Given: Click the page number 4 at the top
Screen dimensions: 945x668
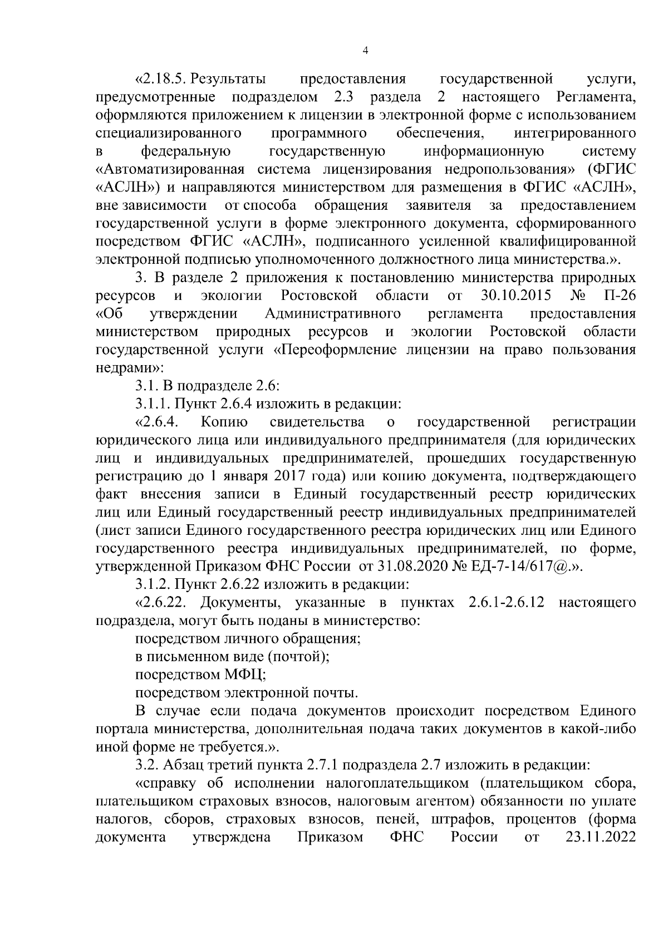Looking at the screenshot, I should point(365,51).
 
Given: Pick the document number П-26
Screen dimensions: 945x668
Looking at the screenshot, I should point(619,294).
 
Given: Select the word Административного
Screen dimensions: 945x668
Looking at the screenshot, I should point(334,313).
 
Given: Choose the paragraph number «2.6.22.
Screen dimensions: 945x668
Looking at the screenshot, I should point(165,603).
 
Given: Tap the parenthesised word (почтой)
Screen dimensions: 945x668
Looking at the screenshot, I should point(299,657).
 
